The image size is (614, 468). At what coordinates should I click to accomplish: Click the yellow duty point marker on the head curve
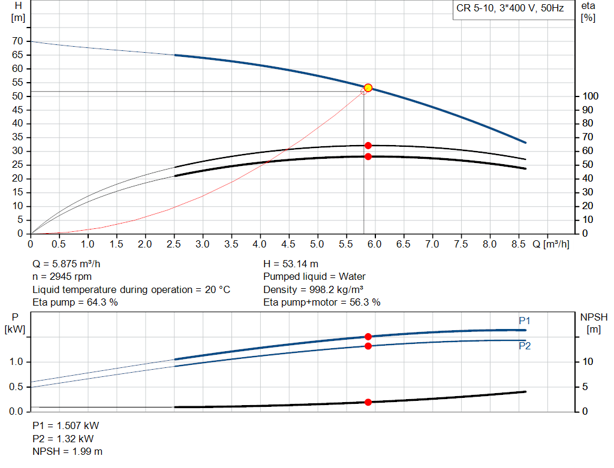click(x=368, y=87)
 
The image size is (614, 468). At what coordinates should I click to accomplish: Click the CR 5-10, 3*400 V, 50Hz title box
click(x=509, y=10)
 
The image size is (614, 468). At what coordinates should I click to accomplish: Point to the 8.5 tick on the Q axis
click(x=519, y=244)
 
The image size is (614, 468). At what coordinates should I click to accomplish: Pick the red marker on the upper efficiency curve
click(x=368, y=146)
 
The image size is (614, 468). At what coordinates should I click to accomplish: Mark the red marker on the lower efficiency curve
click(x=368, y=156)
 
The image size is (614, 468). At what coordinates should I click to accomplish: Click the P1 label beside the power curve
click(x=525, y=321)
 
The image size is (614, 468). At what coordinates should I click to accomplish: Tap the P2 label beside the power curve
click(x=525, y=346)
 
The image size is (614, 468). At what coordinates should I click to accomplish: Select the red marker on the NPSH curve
click(x=368, y=402)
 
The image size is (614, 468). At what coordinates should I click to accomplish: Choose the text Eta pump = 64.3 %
click(x=75, y=303)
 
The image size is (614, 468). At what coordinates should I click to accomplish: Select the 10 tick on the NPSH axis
click(x=588, y=362)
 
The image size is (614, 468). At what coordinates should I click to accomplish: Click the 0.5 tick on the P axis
click(x=16, y=387)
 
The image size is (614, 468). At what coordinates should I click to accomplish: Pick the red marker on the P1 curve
click(x=368, y=337)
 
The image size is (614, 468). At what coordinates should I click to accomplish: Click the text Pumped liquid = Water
click(x=314, y=277)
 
